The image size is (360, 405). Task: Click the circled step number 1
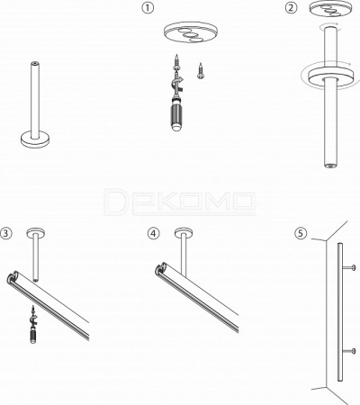(x=148, y=8)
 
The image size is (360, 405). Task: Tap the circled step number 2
(x=291, y=8)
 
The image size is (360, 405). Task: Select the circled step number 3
(x=6, y=233)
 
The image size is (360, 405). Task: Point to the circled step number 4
(x=153, y=233)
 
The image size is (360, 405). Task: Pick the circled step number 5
(x=301, y=233)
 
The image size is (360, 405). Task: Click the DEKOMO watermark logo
(x=180, y=202)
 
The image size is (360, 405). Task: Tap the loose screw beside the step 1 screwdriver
(x=201, y=71)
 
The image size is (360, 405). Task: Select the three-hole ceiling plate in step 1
(x=191, y=32)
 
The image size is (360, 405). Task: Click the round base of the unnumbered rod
(x=35, y=139)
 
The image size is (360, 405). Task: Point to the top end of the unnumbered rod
(x=35, y=63)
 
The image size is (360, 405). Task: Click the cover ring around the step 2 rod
(x=329, y=75)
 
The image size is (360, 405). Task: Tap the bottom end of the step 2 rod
(x=330, y=165)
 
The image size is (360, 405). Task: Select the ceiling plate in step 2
(x=330, y=8)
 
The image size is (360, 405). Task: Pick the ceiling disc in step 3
(x=36, y=232)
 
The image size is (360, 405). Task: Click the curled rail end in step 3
(x=13, y=277)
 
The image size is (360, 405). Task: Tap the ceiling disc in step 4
(x=184, y=232)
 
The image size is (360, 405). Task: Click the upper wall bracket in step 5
(x=348, y=267)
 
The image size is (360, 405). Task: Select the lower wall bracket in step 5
(x=348, y=351)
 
